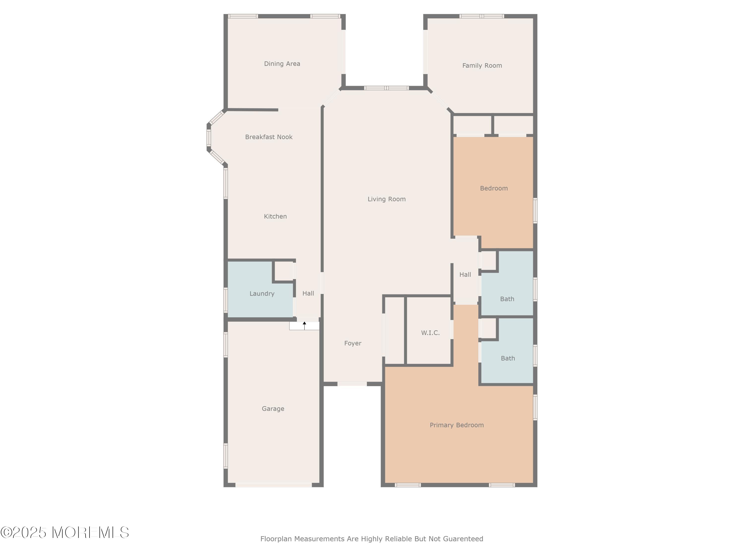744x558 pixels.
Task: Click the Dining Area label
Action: pyautogui.click(x=282, y=63)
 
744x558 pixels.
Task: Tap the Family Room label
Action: pyautogui.click(x=482, y=65)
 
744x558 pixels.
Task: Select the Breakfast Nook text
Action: pyautogui.click(x=269, y=137)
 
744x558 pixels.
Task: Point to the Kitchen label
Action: pyautogui.click(x=275, y=216)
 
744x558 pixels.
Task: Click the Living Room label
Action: pyautogui.click(x=386, y=199)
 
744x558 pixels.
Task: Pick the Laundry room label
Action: pyautogui.click(x=262, y=294)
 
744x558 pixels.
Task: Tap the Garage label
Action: pyautogui.click(x=273, y=409)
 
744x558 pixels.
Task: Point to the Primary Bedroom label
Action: pyautogui.click(x=456, y=425)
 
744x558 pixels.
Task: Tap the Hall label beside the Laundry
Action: pyautogui.click(x=308, y=293)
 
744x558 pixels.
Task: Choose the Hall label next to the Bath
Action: pyautogui.click(x=465, y=275)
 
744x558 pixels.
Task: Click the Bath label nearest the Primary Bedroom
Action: pyautogui.click(x=508, y=358)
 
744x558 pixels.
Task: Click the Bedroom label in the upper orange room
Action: pyautogui.click(x=494, y=188)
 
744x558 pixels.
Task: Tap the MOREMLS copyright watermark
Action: pyautogui.click(x=64, y=532)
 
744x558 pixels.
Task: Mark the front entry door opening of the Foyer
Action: pyautogui.click(x=352, y=384)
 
